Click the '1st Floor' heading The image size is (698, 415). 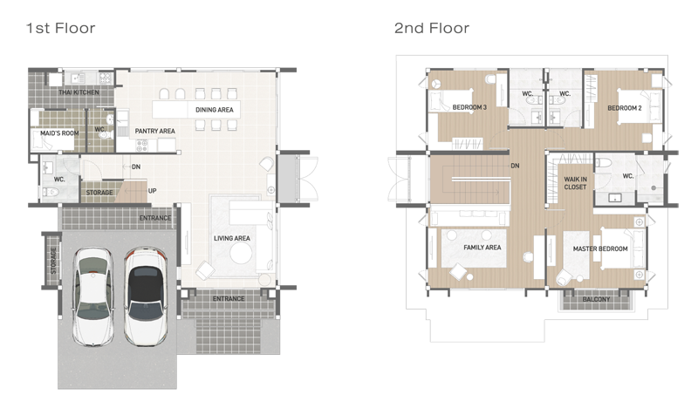[60, 29]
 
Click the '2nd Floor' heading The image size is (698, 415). [432, 29]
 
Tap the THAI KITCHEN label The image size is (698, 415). [79, 92]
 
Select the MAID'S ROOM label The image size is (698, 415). [59, 133]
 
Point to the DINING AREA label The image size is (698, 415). [214, 110]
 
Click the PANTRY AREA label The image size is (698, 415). [155, 131]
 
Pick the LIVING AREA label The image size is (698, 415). [231, 238]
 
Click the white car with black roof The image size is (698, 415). [145, 296]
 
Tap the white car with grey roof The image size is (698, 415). [93, 296]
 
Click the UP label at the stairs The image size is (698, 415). [152, 191]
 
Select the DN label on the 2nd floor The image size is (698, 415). [515, 166]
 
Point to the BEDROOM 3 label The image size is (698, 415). [469, 107]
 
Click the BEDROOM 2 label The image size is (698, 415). [625, 108]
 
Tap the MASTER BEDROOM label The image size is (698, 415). [600, 248]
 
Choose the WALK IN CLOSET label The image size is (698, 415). [575, 183]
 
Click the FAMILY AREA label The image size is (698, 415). [482, 248]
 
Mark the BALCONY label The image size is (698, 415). [596, 299]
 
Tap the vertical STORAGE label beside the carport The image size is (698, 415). [53, 260]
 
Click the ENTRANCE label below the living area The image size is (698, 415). [229, 298]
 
